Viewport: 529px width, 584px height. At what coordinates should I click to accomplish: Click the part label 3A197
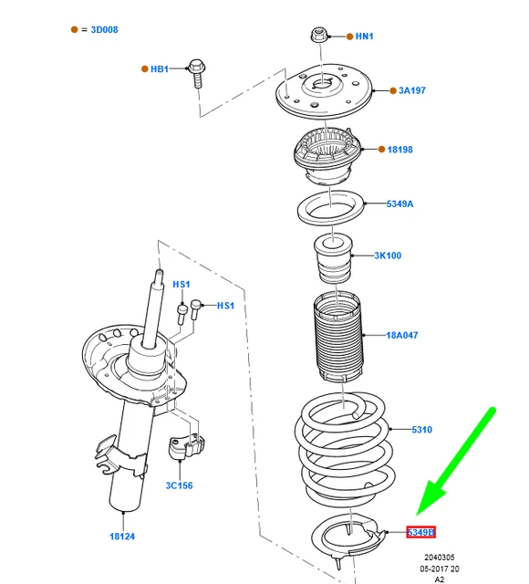tap(412, 90)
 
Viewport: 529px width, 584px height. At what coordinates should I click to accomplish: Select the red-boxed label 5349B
tap(420, 532)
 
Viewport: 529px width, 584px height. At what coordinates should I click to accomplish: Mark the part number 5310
tap(421, 429)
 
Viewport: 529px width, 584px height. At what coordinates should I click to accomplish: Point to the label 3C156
tap(179, 485)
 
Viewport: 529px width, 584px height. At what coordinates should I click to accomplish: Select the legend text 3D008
tap(104, 30)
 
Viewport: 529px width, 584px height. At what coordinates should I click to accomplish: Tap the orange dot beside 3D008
tap(76, 30)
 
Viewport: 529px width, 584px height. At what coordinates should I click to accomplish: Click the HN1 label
tap(364, 36)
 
